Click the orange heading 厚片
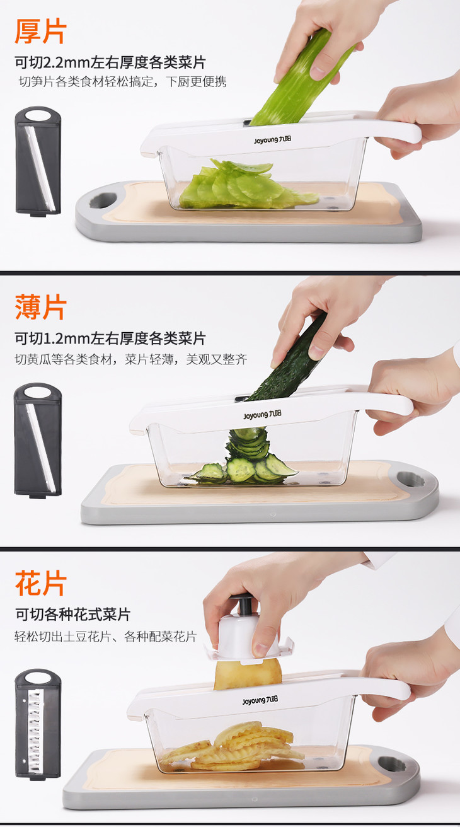[40, 32]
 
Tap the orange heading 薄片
[40, 307]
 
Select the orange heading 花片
[40, 583]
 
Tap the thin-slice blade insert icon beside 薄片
[38, 441]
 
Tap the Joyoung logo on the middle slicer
[262, 415]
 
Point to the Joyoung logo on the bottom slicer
[260, 700]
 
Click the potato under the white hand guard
[248, 675]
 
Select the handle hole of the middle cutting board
[411, 479]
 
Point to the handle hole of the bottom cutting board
[392, 763]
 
